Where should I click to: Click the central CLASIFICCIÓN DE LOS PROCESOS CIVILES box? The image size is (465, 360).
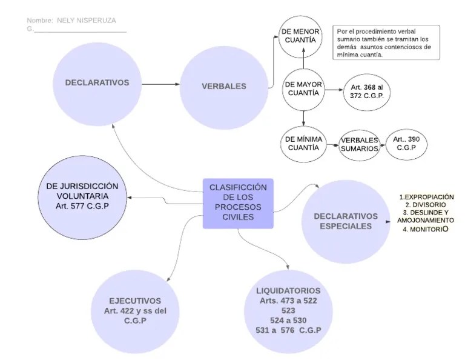(x=238, y=203)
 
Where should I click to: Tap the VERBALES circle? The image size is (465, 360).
(x=224, y=86)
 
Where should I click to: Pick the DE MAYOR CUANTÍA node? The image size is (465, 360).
(x=303, y=89)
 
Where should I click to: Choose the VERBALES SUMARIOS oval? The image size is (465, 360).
(x=359, y=144)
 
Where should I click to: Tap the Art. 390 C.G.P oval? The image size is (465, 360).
(x=407, y=144)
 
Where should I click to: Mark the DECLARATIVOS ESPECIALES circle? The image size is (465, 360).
(x=346, y=221)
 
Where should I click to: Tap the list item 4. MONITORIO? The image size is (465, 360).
(x=426, y=229)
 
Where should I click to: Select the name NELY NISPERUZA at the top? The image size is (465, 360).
(x=87, y=21)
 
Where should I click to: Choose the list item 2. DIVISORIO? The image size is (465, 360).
(x=426, y=205)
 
